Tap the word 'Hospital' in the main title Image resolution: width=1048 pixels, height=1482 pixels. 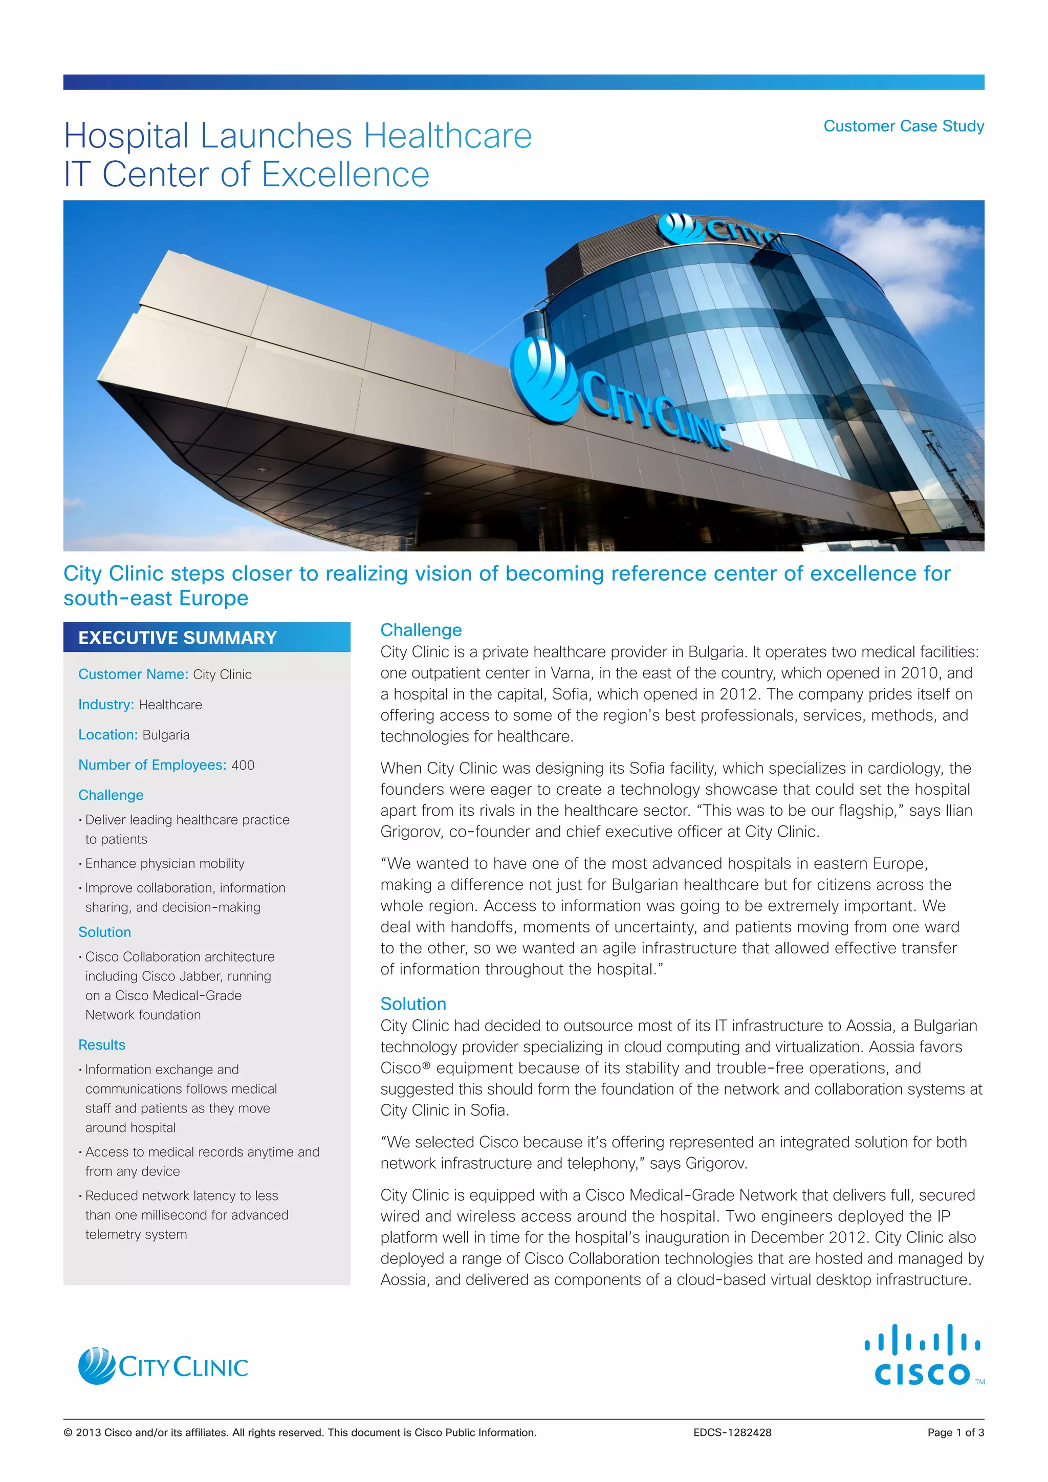[126, 136]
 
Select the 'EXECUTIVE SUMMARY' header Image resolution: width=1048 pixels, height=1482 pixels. [178, 638]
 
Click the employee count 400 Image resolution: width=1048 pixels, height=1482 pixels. [243, 766]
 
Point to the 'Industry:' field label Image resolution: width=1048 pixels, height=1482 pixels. [106, 705]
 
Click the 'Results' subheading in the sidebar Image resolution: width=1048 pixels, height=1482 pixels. [102, 1045]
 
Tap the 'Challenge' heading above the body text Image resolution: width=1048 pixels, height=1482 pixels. [421, 630]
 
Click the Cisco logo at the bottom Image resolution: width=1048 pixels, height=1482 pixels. [923, 1356]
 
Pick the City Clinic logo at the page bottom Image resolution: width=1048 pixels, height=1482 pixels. [163, 1366]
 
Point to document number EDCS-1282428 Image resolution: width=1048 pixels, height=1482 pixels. [732, 1433]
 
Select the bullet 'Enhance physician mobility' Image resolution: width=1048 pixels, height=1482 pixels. [165, 864]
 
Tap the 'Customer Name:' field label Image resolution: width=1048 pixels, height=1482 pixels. [133, 674]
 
